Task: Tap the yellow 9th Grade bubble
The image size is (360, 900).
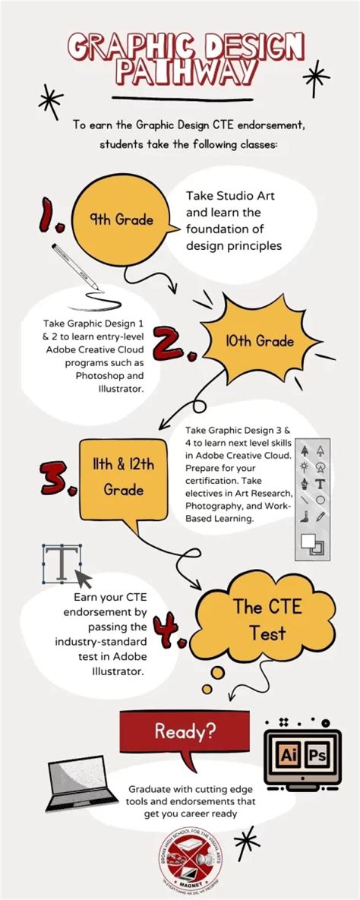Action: click(x=122, y=219)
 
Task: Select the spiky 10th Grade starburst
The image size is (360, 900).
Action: click(x=259, y=341)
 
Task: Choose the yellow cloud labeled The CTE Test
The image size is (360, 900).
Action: click(x=257, y=619)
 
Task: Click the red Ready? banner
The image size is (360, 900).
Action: click(x=185, y=731)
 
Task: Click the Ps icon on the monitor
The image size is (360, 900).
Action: click(x=317, y=756)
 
